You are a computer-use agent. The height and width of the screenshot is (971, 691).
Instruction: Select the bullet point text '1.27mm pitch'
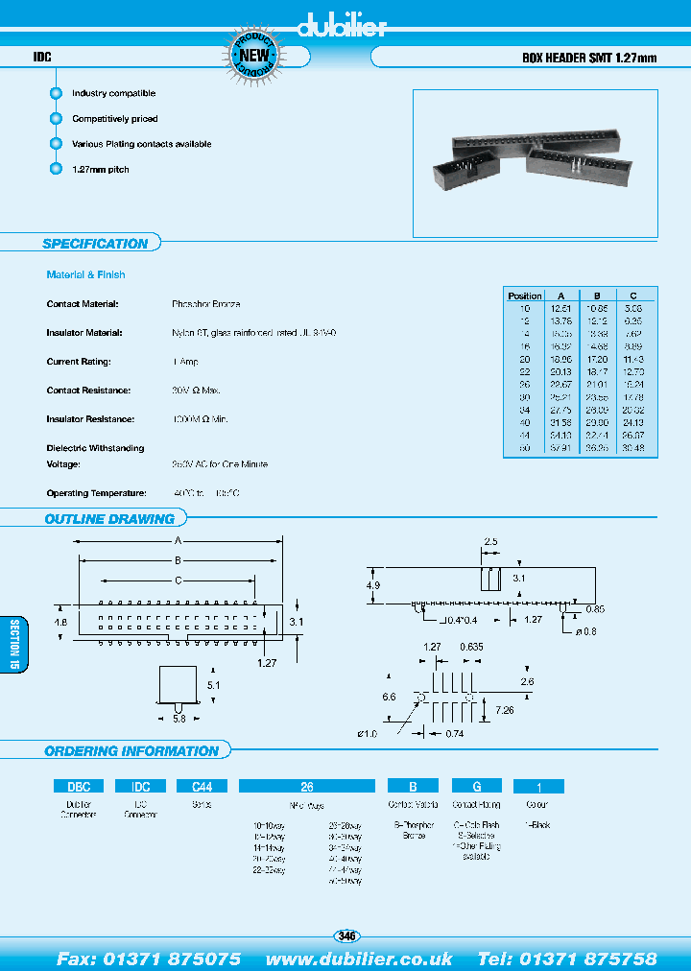[x=100, y=170]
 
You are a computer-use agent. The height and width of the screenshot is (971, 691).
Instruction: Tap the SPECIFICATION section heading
[x=95, y=244]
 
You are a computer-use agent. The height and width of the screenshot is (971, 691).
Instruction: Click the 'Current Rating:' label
[x=79, y=362]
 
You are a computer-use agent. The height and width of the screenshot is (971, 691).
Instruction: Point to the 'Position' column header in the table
[x=525, y=296]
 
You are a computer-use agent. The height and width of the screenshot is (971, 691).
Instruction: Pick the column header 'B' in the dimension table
[x=596, y=296]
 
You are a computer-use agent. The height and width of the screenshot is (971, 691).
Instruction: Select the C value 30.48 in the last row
[x=632, y=446]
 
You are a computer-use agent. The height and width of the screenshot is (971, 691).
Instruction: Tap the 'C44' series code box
[x=202, y=786]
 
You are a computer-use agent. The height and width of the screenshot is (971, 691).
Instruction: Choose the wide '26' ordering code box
[x=307, y=786]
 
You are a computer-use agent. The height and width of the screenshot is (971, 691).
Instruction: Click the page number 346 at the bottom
[x=346, y=935]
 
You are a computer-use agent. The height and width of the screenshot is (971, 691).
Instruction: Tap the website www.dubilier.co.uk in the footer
[x=359, y=959]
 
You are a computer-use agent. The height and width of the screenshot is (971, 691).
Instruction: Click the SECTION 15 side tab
[x=13, y=644]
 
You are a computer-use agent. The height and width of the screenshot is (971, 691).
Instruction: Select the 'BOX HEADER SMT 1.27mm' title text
[x=588, y=58]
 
